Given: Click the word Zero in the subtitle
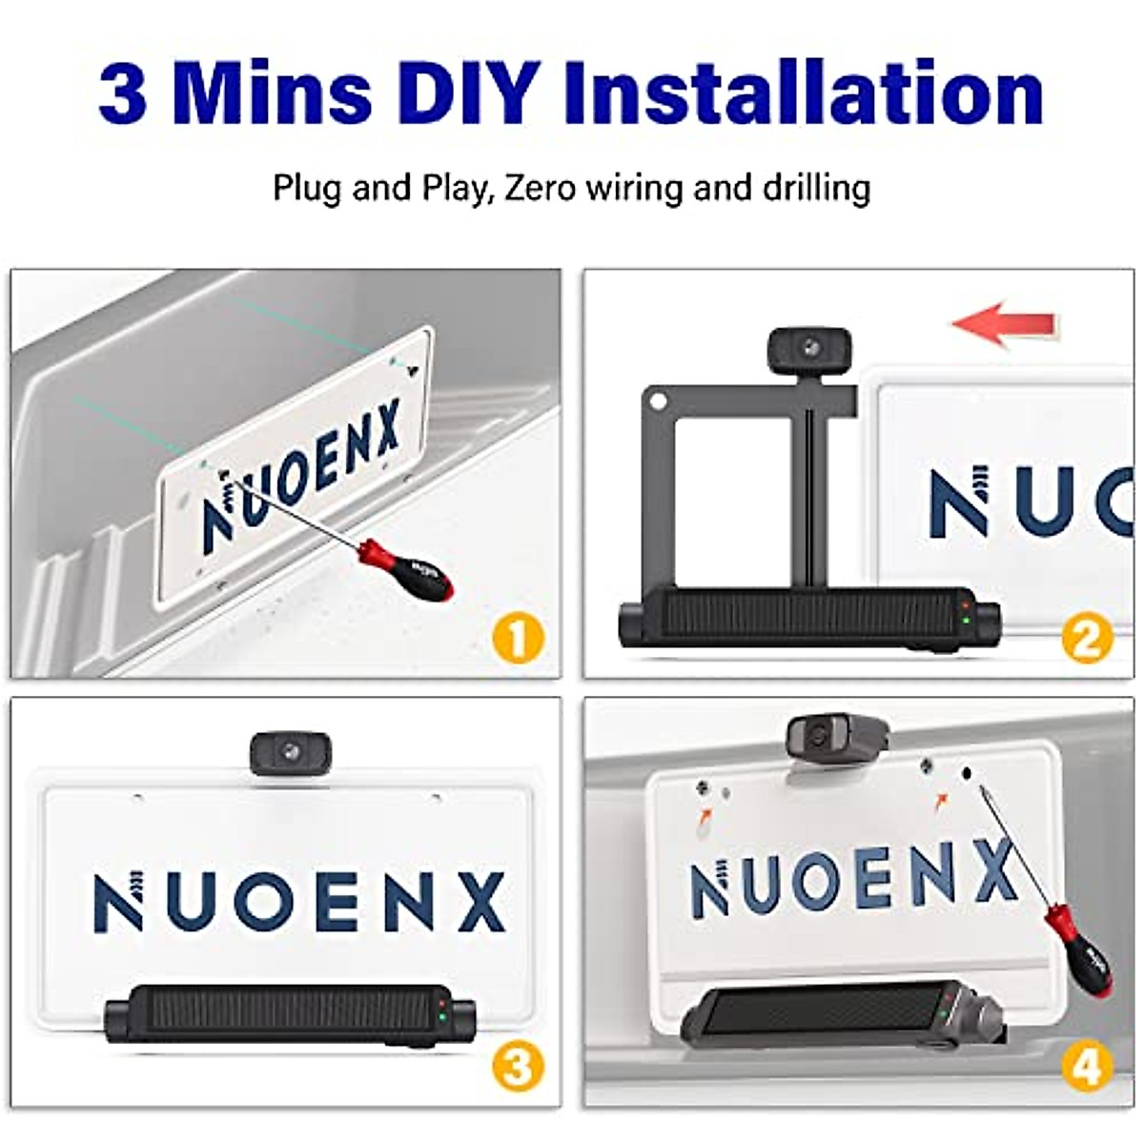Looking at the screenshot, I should coord(540,187).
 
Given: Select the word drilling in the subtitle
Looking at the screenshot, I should coord(816,187).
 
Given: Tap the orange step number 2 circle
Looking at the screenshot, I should coord(1087,637).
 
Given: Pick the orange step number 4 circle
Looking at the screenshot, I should coord(1087,1067).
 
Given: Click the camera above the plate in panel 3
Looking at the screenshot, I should coord(290,753).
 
